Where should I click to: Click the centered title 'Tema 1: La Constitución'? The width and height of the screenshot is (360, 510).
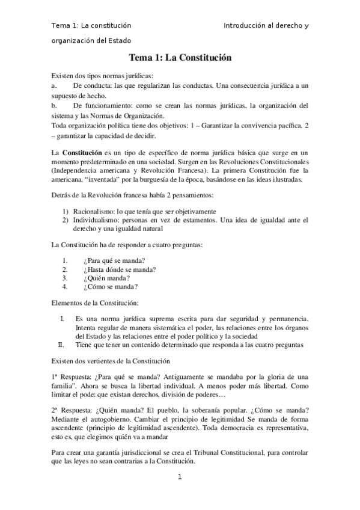tap(180, 58)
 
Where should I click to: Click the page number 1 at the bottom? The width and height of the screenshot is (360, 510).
tap(180, 477)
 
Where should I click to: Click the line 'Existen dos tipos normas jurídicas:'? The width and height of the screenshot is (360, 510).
tap(102, 76)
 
